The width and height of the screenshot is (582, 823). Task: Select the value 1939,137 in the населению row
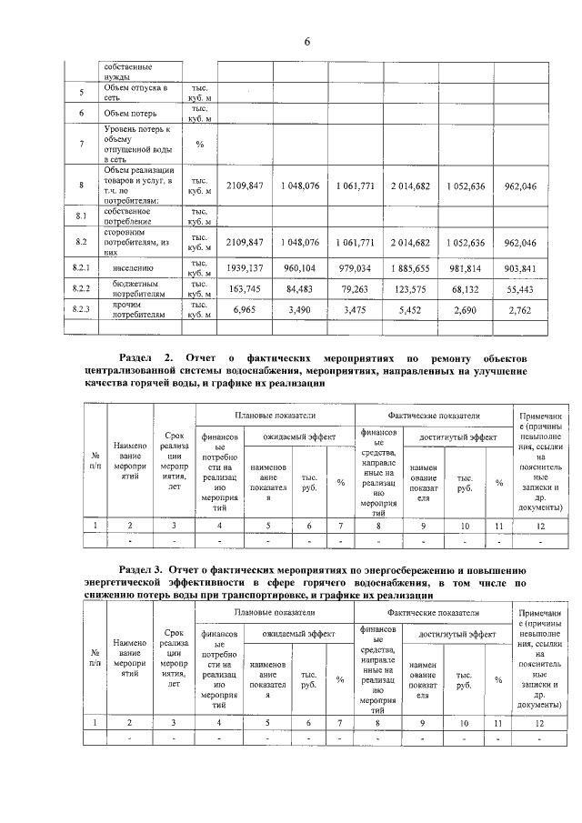pyautogui.click(x=246, y=269)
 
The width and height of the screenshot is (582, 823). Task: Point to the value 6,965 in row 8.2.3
pyautogui.click(x=247, y=310)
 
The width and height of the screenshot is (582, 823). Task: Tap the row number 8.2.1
pyautogui.click(x=84, y=269)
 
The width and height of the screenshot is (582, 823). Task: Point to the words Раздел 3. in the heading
pyautogui.click(x=145, y=568)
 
